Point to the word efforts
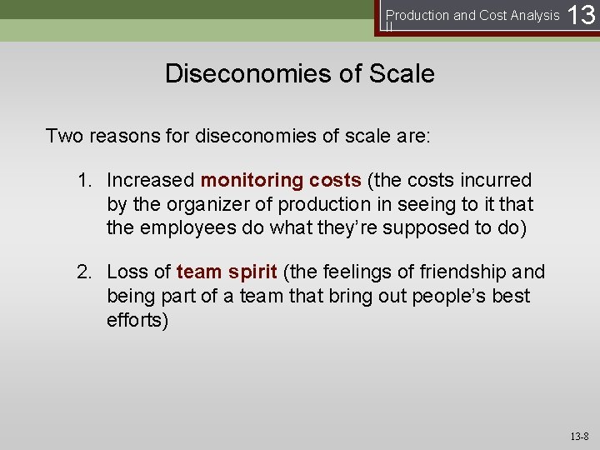tap(137, 320)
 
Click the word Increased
tap(151, 180)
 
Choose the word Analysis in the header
tap(531, 15)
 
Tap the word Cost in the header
tap(487, 15)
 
